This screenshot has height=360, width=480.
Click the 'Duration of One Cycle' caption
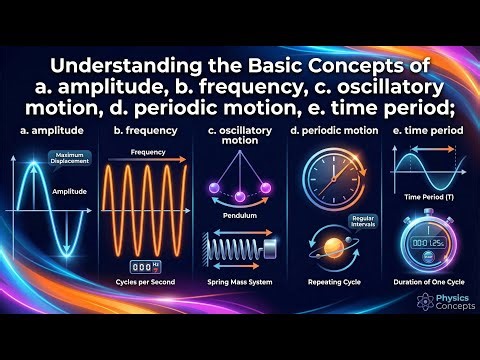(x=427, y=283)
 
